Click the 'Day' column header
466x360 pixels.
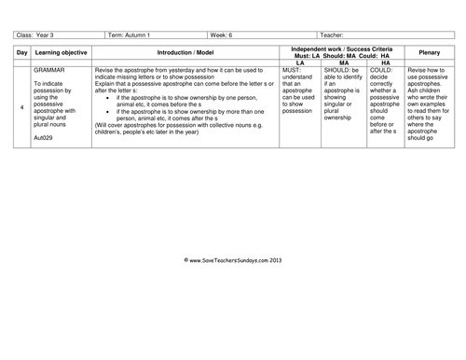(21, 51)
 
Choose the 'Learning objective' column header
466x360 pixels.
(59, 51)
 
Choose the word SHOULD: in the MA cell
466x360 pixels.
(341, 70)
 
